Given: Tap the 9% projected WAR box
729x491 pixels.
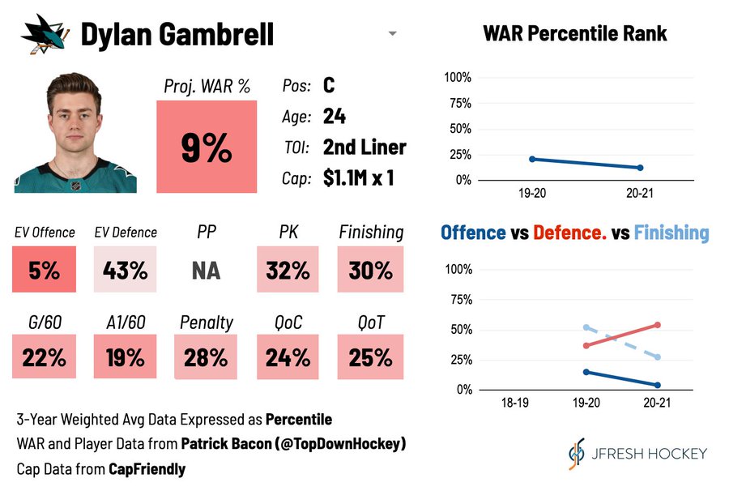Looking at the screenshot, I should point(206,147).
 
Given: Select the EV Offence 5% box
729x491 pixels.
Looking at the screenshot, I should point(44,270).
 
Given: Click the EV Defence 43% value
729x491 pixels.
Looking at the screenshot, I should point(125,270).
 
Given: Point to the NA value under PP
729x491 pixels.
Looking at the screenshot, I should point(206,270).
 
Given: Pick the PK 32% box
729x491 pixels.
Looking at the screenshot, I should point(288,270).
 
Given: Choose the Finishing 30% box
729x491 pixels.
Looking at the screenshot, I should point(370,270).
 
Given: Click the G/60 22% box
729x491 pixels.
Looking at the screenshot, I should point(44,357).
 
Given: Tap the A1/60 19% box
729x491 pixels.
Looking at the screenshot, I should point(125,357).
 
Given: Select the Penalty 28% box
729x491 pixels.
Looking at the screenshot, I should point(206,357).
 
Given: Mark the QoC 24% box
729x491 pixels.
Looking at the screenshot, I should point(288,357).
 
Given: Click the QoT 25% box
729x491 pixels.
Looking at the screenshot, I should point(370,357).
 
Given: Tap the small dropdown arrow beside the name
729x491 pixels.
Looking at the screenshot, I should point(392,34).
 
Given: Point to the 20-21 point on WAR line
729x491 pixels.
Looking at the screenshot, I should point(640,168).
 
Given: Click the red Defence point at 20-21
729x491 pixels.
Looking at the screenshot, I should point(657,325).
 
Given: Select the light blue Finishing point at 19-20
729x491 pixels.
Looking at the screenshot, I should point(586,327).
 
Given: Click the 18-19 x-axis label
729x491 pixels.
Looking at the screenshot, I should point(515,402).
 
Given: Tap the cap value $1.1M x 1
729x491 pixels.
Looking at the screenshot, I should point(358,178).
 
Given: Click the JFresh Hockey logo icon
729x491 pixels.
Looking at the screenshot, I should point(577,454).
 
